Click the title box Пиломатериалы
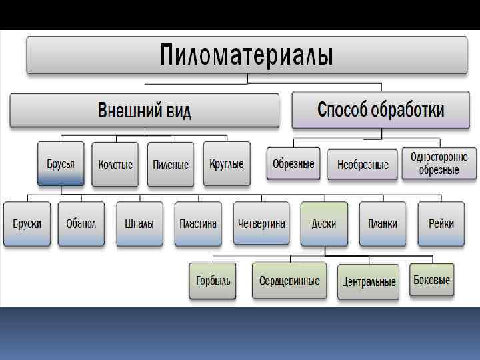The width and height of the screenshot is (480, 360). click(247, 55)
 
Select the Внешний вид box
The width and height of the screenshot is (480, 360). click(144, 110)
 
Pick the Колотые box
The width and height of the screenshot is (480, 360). click(115, 164)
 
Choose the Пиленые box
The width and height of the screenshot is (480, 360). click(171, 164)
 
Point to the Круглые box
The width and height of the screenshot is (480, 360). click(226, 164)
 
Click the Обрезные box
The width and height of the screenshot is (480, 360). click(293, 164)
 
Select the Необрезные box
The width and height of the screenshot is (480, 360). click(363, 164)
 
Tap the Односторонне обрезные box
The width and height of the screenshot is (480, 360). click(439, 164)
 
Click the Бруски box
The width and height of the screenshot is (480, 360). click(27, 224)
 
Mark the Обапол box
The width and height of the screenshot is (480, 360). click(81, 224)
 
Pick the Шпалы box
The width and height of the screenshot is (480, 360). click(139, 224)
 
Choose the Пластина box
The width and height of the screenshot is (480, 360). click(198, 224)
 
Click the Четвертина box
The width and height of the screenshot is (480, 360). click(261, 224)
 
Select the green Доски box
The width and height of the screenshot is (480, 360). click(324, 224)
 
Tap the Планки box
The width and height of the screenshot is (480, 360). click(382, 224)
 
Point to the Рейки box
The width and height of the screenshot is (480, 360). click(441, 224)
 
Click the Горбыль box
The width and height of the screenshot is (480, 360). click(213, 281)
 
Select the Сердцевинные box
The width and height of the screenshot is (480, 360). click(289, 281)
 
